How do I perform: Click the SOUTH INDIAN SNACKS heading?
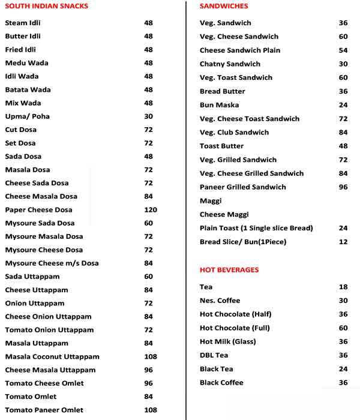(46, 6)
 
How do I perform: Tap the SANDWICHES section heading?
(224, 6)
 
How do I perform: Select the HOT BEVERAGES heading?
(229, 270)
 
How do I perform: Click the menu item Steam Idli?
(23, 23)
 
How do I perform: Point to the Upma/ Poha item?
(27, 116)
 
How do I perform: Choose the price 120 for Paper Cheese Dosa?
(150, 210)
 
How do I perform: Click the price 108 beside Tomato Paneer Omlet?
(150, 410)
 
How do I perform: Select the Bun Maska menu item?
(219, 105)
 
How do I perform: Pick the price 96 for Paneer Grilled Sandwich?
(343, 187)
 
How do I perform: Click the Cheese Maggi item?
(224, 214)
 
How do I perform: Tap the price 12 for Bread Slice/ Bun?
(343, 242)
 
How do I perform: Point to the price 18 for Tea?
(343, 287)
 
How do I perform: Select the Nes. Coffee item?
(220, 301)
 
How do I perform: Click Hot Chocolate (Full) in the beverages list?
(235, 328)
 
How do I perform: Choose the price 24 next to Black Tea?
(343, 369)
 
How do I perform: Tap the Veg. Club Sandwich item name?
(234, 133)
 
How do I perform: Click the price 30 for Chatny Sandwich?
(343, 64)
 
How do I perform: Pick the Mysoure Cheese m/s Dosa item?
(52, 263)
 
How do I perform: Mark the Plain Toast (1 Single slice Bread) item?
(256, 228)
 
